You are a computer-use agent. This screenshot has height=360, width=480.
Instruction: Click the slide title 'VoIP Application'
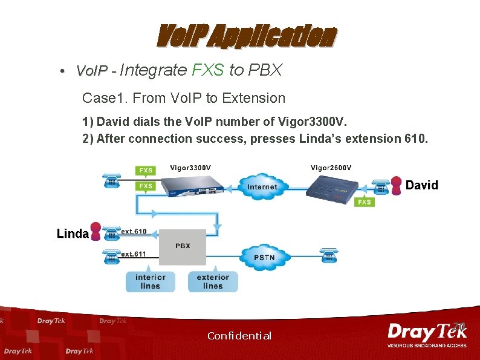[x=245, y=37]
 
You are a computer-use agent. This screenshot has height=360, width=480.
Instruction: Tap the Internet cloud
[x=262, y=186]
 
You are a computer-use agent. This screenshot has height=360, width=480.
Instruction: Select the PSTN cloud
[x=264, y=257]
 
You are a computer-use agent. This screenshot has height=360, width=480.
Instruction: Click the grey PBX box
[x=183, y=246]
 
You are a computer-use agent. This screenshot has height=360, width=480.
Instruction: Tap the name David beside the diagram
[x=422, y=185]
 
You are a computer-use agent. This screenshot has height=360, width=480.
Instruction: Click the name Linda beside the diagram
[x=73, y=234]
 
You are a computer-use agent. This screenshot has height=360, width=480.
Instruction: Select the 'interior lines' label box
[x=151, y=282]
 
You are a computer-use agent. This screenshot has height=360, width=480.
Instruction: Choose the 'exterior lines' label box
[x=213, y=282]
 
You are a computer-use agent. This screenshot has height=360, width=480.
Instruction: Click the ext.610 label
[x=134, y=231]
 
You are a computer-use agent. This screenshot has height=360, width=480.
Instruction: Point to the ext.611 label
[x=134, y=254]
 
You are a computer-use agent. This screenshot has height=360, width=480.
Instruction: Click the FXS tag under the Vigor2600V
[x=365, y=202]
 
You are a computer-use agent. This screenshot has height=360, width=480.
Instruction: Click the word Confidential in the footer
[x=239, y=336]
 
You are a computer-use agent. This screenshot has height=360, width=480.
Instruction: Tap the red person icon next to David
[x=397, y=185]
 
